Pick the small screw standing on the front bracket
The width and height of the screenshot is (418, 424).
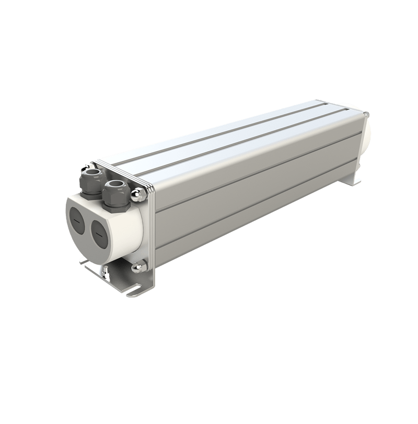tap(106, 272)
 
